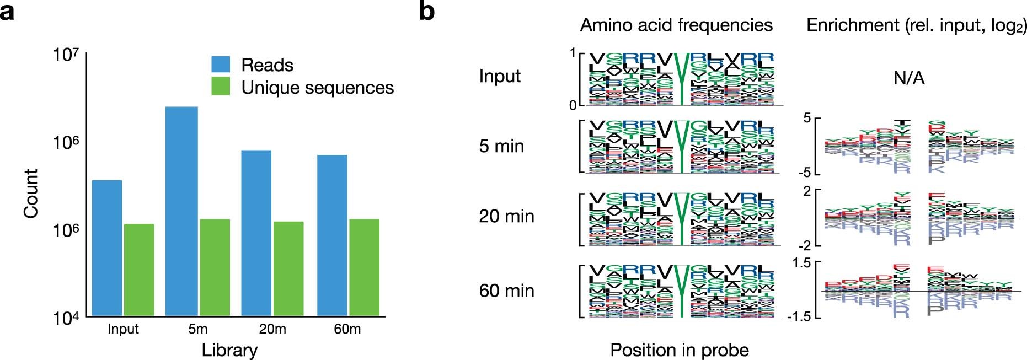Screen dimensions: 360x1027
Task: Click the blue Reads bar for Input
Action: click(107, 248)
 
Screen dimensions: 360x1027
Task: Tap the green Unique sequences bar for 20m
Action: click(288, 268)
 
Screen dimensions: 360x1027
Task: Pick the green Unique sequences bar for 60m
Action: click(364, 267)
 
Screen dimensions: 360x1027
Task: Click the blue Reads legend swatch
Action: click(221, 65)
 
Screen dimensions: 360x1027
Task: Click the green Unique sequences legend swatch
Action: click(221, 87)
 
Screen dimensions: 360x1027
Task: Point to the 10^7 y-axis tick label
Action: click(66, 55)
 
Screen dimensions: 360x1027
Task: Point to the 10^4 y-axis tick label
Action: click(66, 318)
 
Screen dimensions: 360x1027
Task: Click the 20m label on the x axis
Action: click(272, 329)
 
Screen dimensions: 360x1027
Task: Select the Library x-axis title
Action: click(229, 350)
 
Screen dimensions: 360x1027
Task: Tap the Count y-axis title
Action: click(31, 194)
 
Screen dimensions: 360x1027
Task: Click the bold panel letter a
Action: click(7, 11)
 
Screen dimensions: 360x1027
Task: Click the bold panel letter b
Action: click(426, 11)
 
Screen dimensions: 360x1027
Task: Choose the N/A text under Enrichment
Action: click(909, 78)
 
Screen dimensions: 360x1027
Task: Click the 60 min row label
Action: click(506, 291)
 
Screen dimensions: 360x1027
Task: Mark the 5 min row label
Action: click(501, 146)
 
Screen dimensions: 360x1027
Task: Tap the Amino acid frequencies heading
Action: click(676, 25)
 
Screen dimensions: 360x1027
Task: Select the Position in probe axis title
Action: click(680, 350)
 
